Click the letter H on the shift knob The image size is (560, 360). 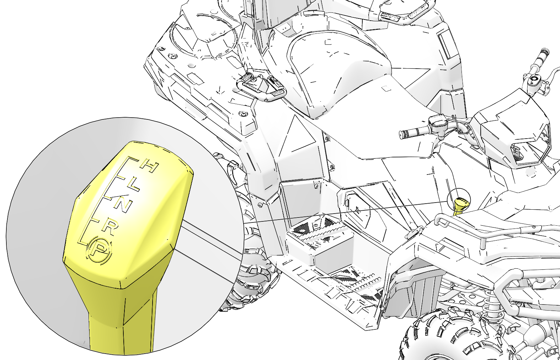(x=149, y=167)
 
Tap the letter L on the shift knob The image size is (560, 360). (x=133, y=186)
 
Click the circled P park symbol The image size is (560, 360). (x=99, y=250)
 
